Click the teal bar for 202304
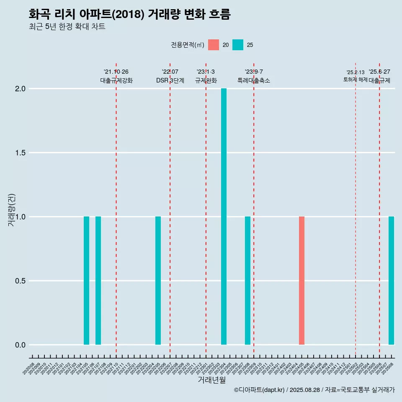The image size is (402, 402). [224, 216]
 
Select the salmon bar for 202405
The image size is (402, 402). [301, 281]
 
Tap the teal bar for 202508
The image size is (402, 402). [391, 281]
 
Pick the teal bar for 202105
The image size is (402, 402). [86, 281]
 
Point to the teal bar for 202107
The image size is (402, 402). [98, 281]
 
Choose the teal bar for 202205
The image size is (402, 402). [158, 281]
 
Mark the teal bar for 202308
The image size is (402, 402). [247, 281]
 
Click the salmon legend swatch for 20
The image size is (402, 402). [214, 45]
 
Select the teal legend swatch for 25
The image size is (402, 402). [238, 45]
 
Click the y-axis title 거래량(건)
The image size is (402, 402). [11, 209]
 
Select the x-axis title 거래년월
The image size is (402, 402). [211, 380]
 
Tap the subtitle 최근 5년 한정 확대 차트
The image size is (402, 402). [67, 27]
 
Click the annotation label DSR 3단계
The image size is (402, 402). [170, 80]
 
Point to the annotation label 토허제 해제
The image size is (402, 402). [355, 80]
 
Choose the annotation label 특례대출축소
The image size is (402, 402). [254, 80]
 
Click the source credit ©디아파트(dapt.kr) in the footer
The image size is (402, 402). [260, 390]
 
